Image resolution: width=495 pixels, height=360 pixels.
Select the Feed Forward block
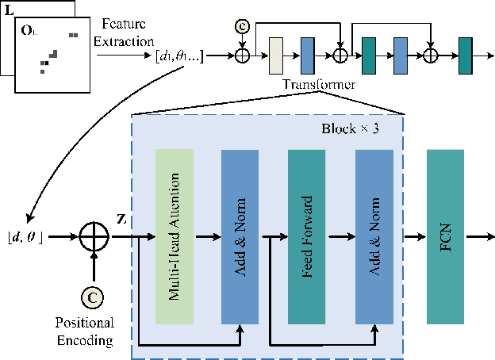[306, 236]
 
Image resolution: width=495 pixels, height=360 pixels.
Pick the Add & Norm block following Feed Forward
[374, 236]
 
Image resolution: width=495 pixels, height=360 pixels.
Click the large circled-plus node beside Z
[94, 236]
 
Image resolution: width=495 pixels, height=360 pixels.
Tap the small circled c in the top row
[242, 27]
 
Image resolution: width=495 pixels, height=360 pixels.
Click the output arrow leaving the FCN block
[478, 236]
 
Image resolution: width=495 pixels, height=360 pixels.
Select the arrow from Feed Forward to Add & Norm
[340, 236]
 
